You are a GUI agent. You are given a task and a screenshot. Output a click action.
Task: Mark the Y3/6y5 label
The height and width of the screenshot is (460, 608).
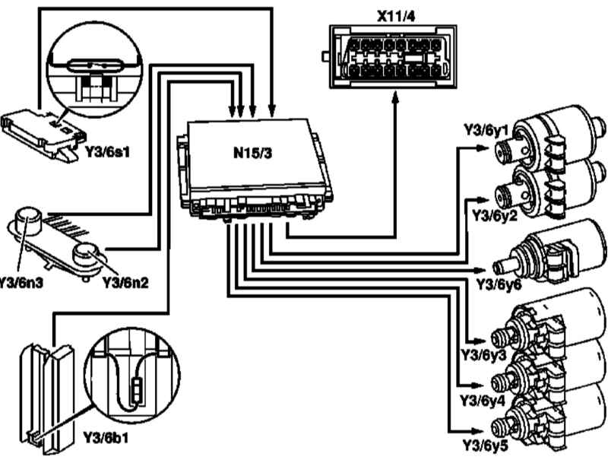[x=478, y=441]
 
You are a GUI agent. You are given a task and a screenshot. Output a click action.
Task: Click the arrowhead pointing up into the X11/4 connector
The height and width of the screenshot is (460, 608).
[x=395, y=101]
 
